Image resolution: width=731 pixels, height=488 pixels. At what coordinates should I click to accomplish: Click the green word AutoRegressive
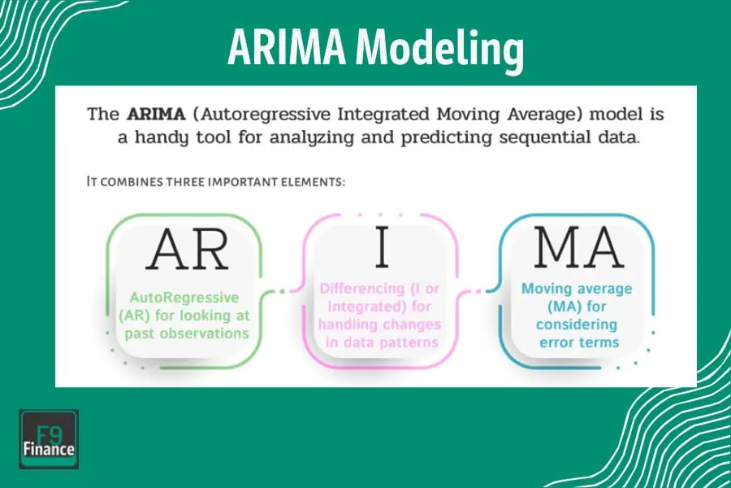pyautogui.click(x=185, y=298)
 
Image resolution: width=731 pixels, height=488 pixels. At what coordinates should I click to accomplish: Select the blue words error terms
pyautogui.click(x=578, y=342)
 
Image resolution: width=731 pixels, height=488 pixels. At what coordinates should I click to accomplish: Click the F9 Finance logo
pyautogui.click(x=49, y=439)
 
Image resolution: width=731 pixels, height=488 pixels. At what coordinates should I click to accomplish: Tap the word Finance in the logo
pyautogui.click(x=49, y=450)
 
